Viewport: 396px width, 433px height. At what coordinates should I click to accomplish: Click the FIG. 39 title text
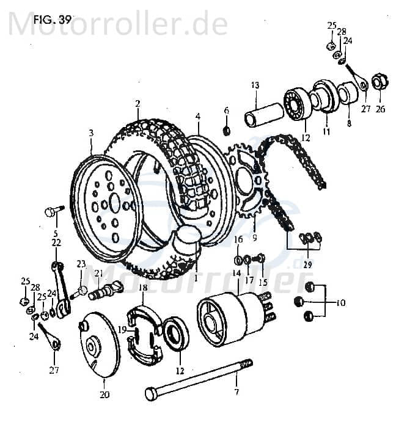tap(53, 18)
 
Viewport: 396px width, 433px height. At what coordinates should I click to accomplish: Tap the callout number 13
tap(255, 85)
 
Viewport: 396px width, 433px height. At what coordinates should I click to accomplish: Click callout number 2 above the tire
tap(137, 103)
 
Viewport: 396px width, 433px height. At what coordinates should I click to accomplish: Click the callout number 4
tap(198, 116)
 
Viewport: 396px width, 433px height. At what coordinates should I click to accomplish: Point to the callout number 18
tap(142, 287)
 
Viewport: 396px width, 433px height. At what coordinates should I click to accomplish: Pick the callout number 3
tap(91, 133)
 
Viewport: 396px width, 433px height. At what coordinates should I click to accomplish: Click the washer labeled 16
tap(237, 261)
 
